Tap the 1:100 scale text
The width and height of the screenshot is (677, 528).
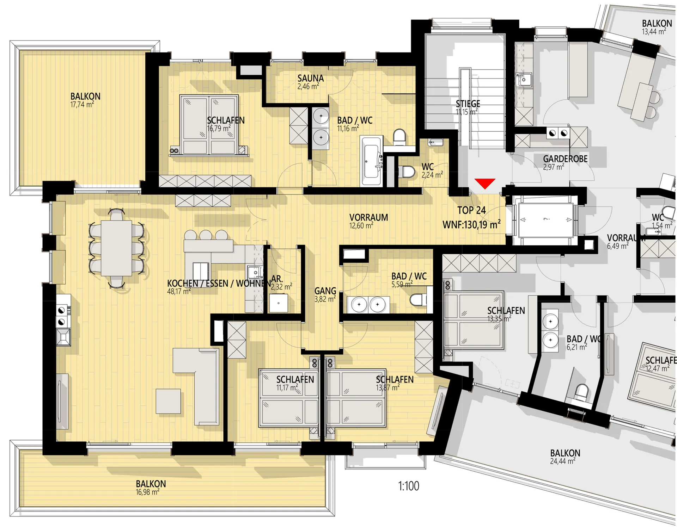[x=409, y=486]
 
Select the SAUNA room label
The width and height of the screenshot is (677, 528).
[x=310, y=78]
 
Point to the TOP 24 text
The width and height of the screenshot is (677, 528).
[x=471, y=210]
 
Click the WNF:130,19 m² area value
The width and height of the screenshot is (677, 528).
[x=471, y=224]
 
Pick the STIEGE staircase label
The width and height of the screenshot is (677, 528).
[x=468, y=104]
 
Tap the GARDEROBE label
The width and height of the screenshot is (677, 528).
[x=565, y=159]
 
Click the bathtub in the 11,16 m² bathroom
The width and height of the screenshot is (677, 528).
[x=371, y=161]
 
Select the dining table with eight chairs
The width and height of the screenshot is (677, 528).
[x=116, y=248]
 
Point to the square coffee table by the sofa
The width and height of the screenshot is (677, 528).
[x=169, y=401]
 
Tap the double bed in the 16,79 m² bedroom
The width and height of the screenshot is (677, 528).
[x=209, y=125]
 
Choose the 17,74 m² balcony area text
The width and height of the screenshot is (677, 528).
[x=82, y=105]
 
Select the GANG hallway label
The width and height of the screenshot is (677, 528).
[x=325, y=291]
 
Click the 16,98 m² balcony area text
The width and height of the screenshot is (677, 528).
[x=148, y=492]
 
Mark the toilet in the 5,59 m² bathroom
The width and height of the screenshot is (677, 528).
[x=418, y=300]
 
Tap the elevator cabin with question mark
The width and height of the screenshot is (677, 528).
[x=546, y=219]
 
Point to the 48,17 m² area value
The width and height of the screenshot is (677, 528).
[x=179, y=291]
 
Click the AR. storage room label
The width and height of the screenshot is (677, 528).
[x=277, y=279]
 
